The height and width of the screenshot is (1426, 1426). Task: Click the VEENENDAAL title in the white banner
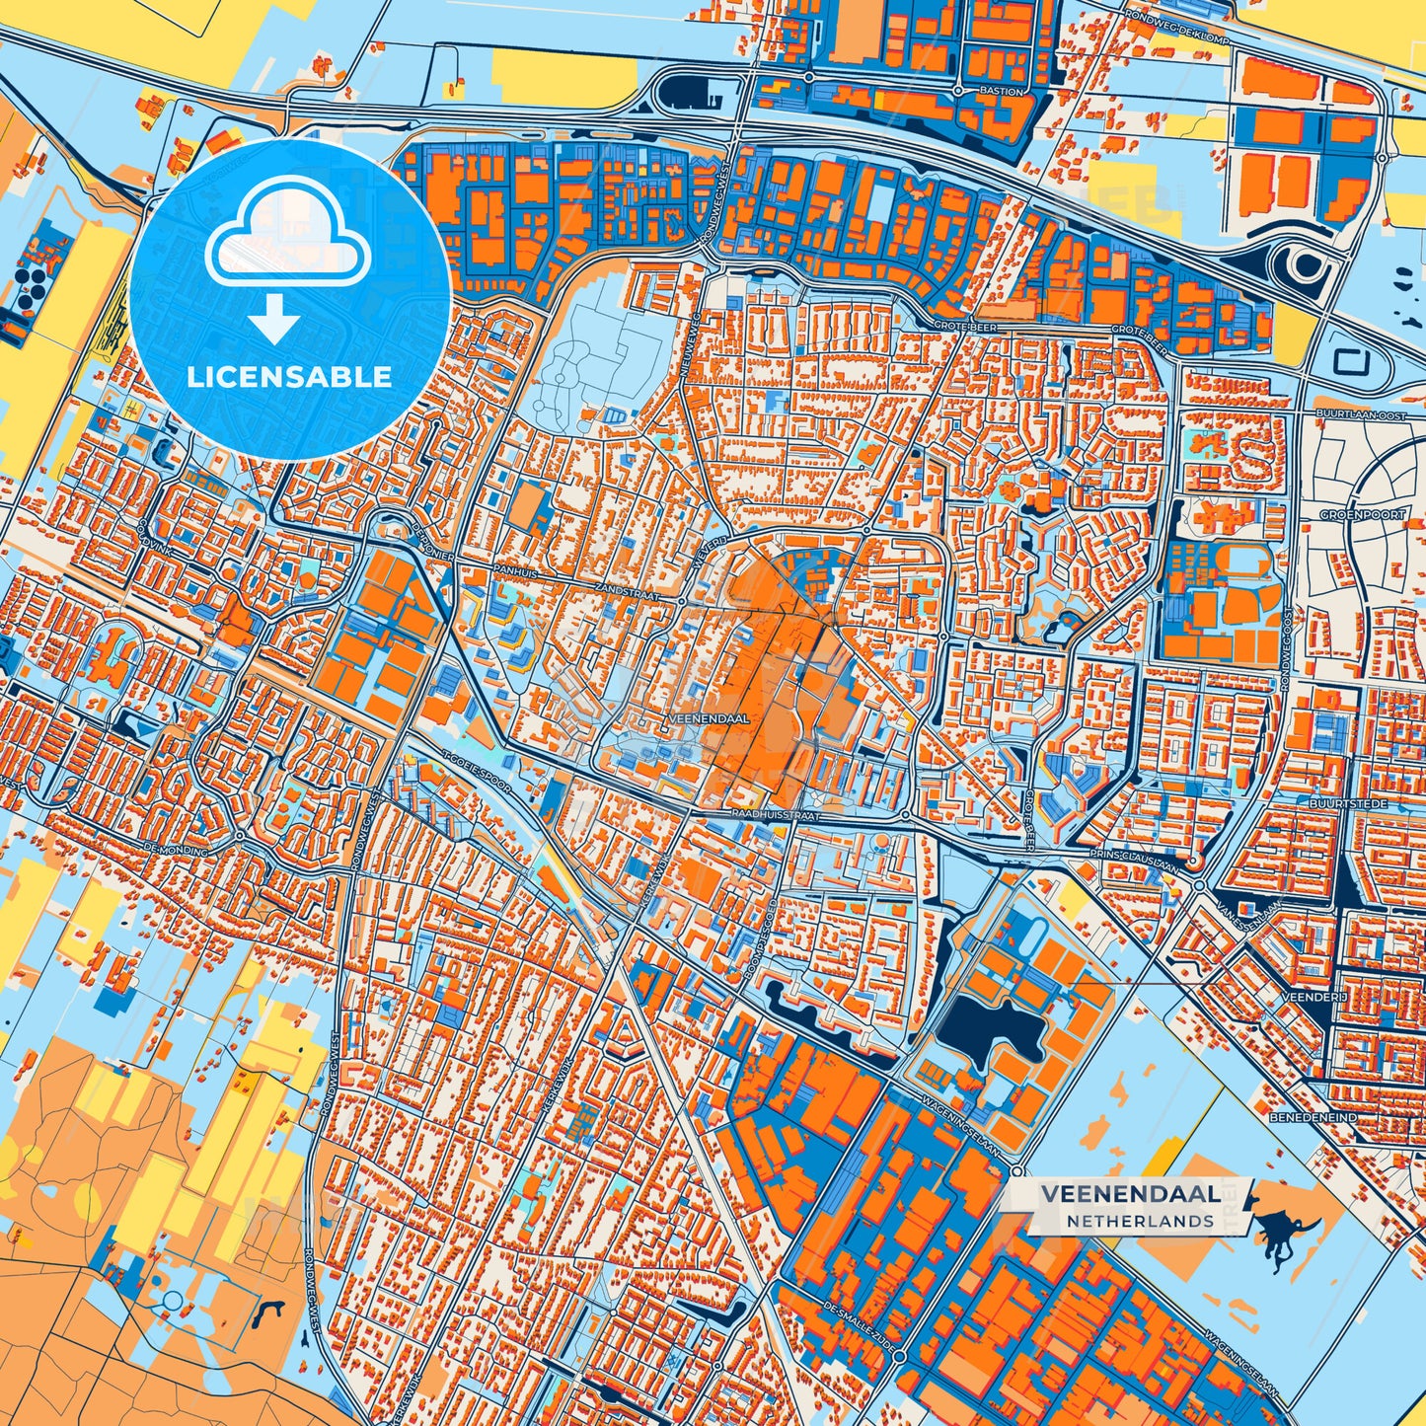tap(1128, 1193)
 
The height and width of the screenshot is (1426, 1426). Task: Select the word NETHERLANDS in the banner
tap(1140, 1221)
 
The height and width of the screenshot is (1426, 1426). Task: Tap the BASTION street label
tap(1001, 91)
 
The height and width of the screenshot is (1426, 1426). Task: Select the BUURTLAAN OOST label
tap(1359, 416)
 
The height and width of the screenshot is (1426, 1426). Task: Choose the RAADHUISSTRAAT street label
tap(776, 816)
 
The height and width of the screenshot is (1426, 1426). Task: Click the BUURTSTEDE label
tap(1348, 804)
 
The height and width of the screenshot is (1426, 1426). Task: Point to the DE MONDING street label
tap(176, 849)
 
